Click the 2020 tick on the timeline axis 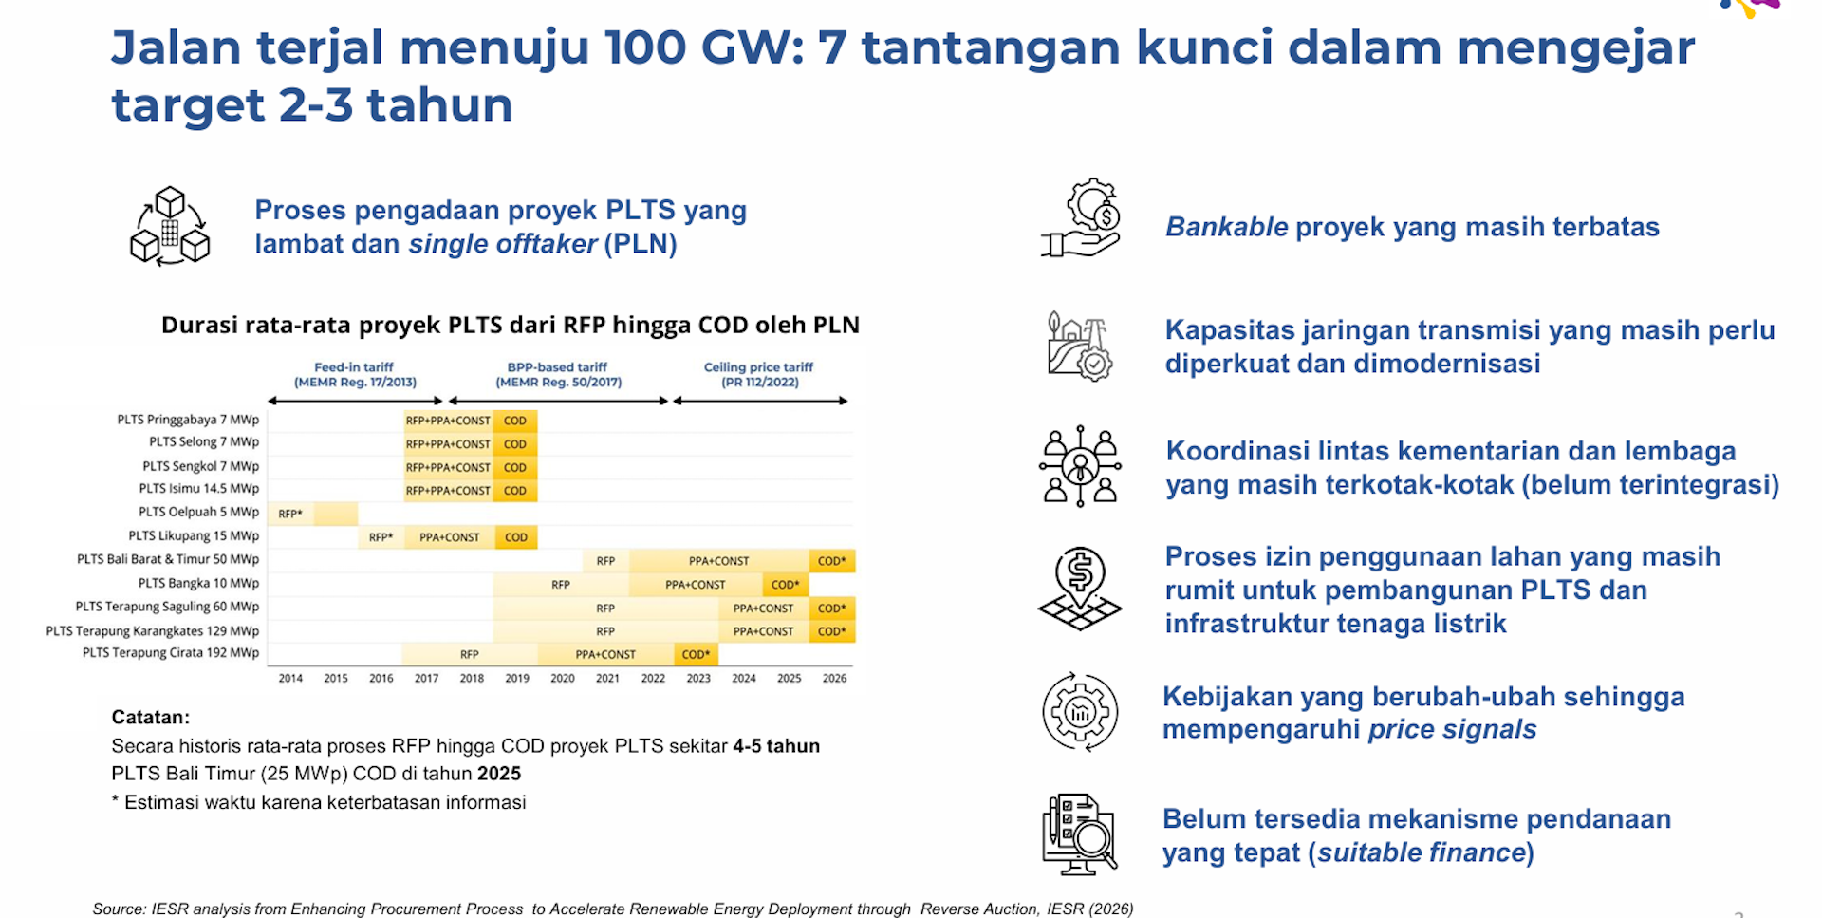tap(563, 678)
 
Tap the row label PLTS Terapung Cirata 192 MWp tap(171, 653)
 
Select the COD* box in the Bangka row tap(786, 585)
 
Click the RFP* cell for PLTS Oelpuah tap(290, 514)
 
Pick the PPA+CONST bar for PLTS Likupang tap(449, 537)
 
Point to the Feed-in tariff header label tap(355, 374)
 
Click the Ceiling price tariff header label tap(759, 374)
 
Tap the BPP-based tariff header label tap(558, 374)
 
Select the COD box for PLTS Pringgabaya tap(515, 421)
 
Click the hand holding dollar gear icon tap(1081, 217)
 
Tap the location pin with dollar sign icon tap(1080, 589)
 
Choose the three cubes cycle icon tap(170, 226)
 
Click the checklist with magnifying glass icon tap(1080, 834)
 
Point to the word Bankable tap(1226, 227)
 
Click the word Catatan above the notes tap(150, 717)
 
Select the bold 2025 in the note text tap(499, 774)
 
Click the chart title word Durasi tap(199, 325)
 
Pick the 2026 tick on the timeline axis tap(835, 678)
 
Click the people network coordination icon tap(1080, 466)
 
